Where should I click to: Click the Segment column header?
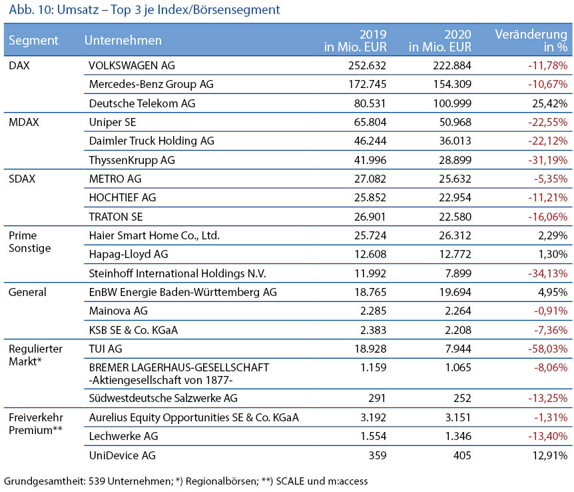(33, 40)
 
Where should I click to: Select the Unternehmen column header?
(123, 40)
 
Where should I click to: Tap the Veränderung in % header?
(531, 40)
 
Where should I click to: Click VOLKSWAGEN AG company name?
(132, 65)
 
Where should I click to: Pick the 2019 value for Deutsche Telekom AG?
(370, 103)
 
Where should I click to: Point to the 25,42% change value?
(550, 103)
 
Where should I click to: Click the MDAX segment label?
(24, 122)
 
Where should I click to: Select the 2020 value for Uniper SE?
(455, 122)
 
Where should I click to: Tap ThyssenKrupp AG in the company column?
(132, 160)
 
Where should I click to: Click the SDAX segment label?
(22, 179)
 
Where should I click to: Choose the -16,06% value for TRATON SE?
(547, 217)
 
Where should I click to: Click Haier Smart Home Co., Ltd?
(154, 235)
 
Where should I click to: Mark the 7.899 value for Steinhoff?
(458, 273)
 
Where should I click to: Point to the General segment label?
(27, 292)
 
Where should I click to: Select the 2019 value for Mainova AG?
(373, 311)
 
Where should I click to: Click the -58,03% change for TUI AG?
(547, 349)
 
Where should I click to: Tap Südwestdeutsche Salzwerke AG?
(163, 398)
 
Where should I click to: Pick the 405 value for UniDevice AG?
(462, 455)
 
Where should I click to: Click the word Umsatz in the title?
(78, 9)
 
